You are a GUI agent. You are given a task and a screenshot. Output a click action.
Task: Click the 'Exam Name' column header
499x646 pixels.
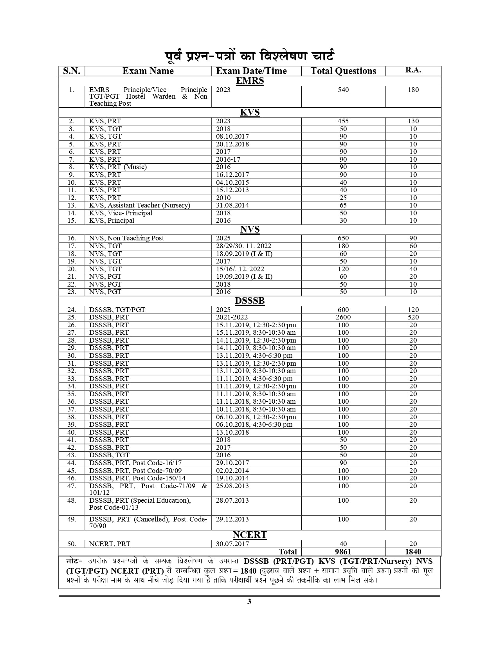(148, 71)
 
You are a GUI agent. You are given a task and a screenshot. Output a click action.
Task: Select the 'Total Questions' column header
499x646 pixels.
(343, 71)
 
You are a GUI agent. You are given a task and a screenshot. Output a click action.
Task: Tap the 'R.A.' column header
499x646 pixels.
(413, 70)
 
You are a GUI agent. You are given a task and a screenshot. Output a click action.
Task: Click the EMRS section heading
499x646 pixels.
(250, 81)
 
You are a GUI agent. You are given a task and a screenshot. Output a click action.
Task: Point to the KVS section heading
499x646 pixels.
(250, 112)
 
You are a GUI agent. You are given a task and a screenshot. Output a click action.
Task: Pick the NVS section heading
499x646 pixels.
(250, 229)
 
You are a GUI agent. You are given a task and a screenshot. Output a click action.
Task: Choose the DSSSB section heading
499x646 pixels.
(250, 301)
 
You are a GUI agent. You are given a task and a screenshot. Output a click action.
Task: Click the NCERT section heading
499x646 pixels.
(250, 535)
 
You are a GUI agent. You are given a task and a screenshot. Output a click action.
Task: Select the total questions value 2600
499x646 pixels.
(343, 318)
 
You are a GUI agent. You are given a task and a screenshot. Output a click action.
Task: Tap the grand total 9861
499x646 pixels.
(343, 552)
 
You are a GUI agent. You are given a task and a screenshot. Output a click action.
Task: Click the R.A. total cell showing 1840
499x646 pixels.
(413, 552)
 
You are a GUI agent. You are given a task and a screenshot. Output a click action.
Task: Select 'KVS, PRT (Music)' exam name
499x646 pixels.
(118, 167)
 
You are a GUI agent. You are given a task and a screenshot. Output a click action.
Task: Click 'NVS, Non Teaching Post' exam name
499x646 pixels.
(126, 238)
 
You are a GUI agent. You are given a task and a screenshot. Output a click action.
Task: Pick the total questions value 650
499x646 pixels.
(343, 238)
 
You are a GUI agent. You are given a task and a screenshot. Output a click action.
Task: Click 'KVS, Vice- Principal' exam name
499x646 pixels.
(121, 213)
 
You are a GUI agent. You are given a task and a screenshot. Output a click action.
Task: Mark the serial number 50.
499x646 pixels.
(72, 544)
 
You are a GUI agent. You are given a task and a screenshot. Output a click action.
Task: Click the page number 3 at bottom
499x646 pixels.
(249, 602)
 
